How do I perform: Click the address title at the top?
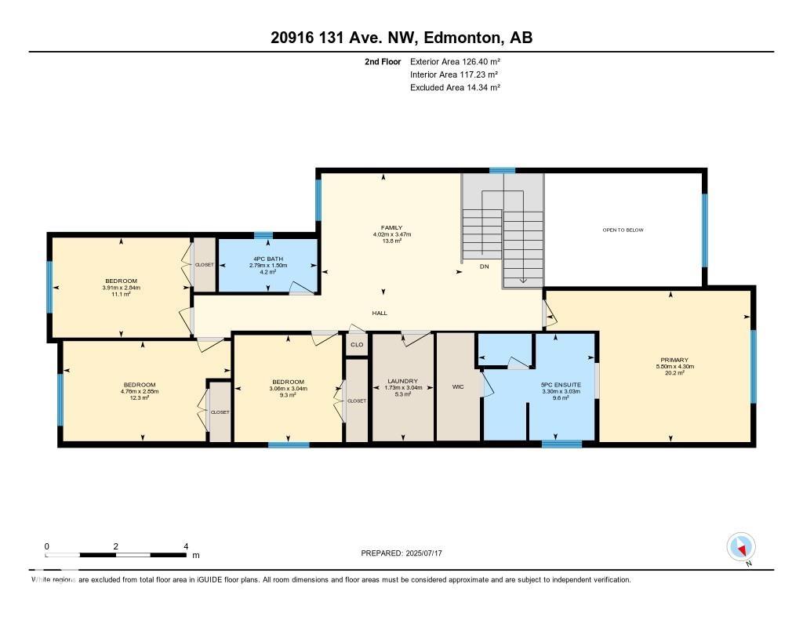tap(401, 38)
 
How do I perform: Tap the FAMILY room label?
tap(392, 228)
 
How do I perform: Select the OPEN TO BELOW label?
tap(623, 230)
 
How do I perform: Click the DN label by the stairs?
tap(485, 266)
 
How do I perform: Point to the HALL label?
tap(380, 313)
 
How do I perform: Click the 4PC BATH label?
tap(268, 258)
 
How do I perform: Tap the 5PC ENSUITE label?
tap(560, 384)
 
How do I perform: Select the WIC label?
tap(459, 386)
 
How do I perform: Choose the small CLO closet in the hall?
tap(357, 344)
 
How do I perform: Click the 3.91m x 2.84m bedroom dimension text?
tap(121, 288)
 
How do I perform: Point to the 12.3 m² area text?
tap(140, 398)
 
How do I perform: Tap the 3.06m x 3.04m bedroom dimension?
tap(288, 389)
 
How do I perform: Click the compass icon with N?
tap(741, 546)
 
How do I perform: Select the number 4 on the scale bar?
tap(186, 546)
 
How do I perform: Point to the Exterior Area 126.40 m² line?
tap(455, 61)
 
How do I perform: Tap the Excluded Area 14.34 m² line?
tap(455, 88)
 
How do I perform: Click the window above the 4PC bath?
tap(263, 235)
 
